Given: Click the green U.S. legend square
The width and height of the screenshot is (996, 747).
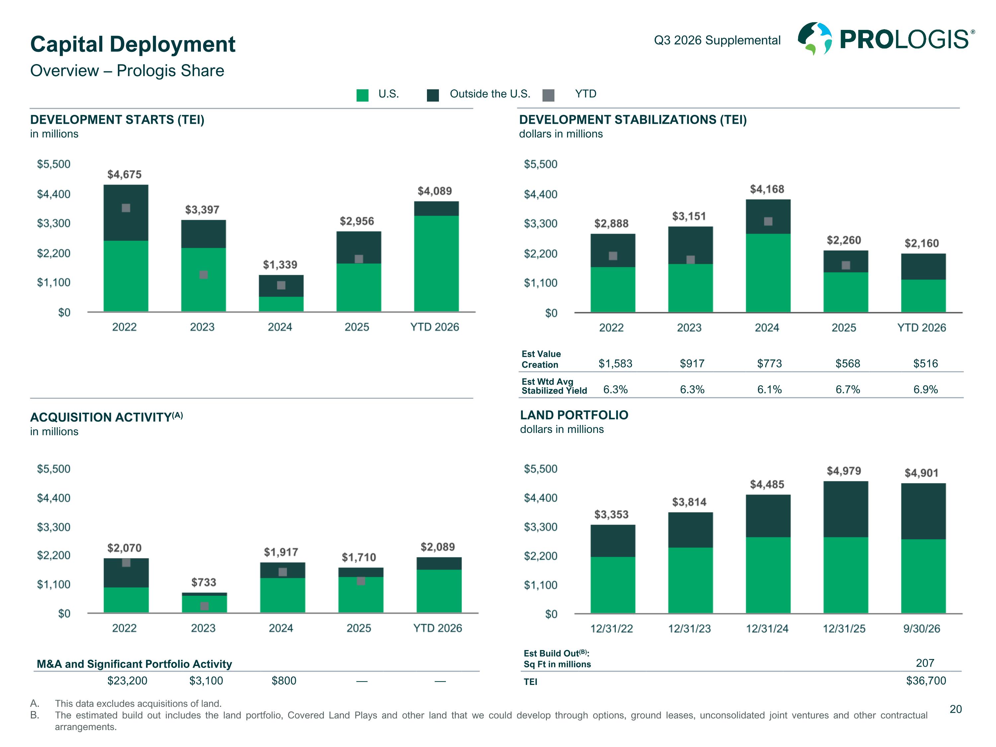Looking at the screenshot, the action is (x=363, y=95).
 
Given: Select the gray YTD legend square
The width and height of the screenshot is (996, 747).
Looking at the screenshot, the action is (x=548, y=95).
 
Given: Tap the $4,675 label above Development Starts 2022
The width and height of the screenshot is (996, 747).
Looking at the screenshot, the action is (x=124, y=174).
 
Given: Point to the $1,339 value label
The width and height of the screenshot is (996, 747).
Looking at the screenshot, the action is (x=280, y=264).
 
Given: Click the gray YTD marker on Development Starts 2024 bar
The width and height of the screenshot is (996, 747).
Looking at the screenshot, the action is (x=281, y=285).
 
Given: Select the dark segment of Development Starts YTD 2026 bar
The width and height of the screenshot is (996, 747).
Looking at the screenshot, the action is (x=436, y=208).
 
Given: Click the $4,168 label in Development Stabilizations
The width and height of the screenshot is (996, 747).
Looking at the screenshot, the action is (x=767, y=189).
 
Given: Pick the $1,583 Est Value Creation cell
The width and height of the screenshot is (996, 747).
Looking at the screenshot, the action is (x=615, y=363).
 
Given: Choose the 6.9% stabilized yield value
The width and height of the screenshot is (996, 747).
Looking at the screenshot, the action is (x=925, y=389).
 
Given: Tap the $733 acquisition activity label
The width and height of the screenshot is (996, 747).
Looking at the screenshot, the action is (x=204, y=582).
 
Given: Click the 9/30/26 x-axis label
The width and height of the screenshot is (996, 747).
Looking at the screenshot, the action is (x=922, y=628).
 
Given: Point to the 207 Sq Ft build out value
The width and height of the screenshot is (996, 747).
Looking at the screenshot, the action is (x=925, y=663).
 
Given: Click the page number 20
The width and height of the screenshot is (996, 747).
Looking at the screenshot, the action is (x=955, y=709).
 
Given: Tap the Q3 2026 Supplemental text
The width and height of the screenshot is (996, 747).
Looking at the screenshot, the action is (x=717, y=40).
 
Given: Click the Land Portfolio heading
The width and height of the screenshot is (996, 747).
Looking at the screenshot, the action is (x=574, y=415).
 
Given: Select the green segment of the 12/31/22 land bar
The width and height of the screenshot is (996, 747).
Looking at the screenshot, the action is (x=613, y=585).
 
